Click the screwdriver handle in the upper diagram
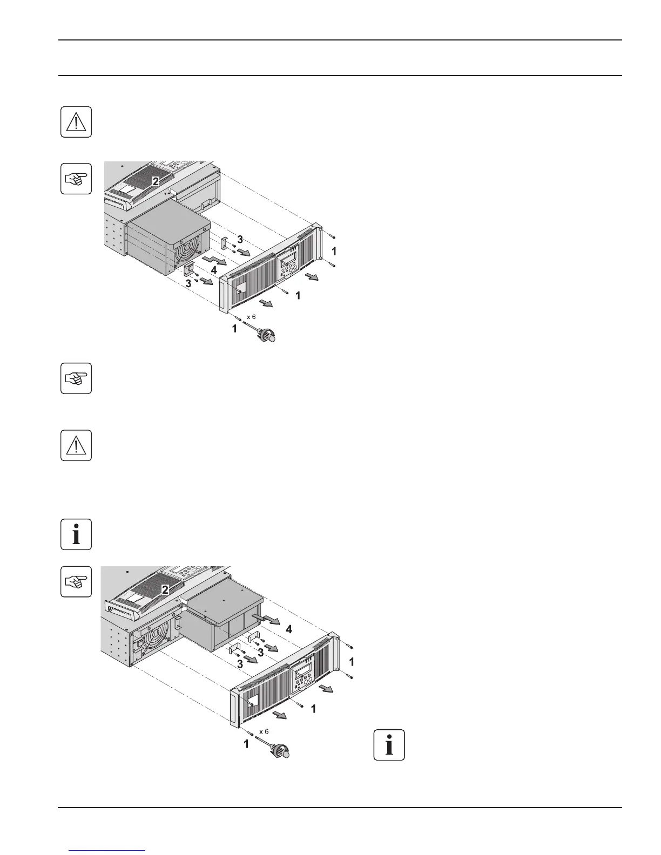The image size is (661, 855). pos(270,336)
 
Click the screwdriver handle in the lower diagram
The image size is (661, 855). pos(282,751)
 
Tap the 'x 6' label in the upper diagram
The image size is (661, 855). pos(251,317)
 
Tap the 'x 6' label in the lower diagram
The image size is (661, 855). pos(264,731)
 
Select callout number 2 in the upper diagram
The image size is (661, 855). pos(155,182)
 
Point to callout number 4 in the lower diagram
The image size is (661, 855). pos(289,629)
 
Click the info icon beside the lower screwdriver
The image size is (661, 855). pos(389,745)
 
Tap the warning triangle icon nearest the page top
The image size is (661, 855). pos(76,122)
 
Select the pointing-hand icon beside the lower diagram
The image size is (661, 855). pos(76,582)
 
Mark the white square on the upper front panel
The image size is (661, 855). pos(240,286)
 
